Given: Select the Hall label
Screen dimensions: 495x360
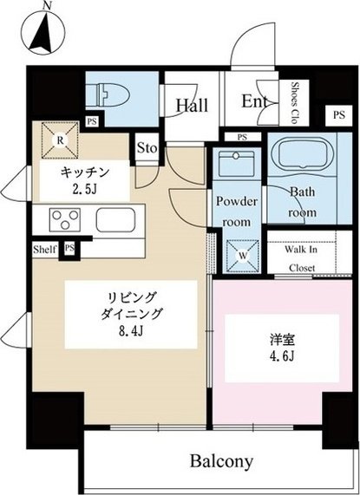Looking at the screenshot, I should tap(191, 106).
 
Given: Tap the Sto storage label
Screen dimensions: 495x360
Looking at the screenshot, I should tap(147, 149).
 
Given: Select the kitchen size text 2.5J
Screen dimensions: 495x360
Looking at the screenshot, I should tap(83, 186).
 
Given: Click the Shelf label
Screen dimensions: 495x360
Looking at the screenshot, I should tap(46, 250).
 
